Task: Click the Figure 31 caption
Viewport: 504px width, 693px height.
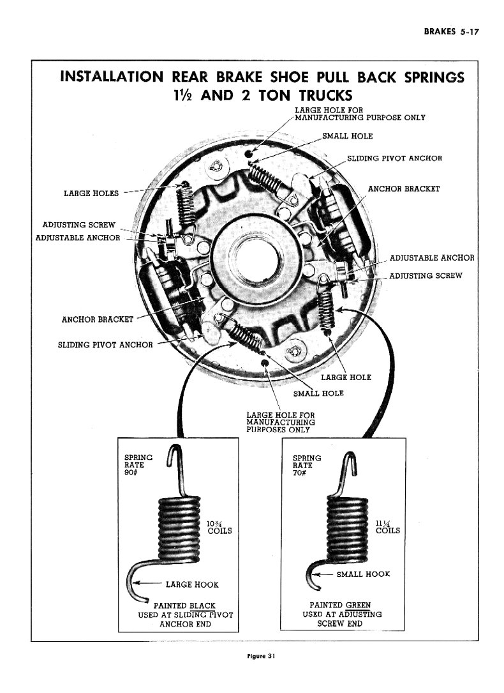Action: [252, 655]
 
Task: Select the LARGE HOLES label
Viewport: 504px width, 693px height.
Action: [91, 194]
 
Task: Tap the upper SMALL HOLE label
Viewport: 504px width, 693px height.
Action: [347, 136]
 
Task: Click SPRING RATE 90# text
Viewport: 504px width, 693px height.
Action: [138, 465]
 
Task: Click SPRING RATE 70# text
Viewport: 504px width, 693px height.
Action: [306, 465]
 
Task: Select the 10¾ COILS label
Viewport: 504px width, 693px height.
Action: [218, 527]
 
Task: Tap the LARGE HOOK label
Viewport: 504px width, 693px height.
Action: [191, 584]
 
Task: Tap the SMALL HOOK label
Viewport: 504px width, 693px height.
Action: [362, 574]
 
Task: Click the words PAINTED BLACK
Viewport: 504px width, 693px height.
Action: [184, 605]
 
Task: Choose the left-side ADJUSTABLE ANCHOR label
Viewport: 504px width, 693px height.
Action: [77, 238]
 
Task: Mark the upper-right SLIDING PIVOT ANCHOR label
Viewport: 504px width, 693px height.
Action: [394, 158]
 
